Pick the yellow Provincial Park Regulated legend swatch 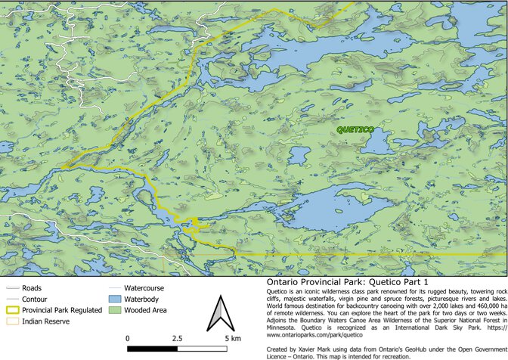[12, 309]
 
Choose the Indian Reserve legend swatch [12, 321]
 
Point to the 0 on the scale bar [128, 337]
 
